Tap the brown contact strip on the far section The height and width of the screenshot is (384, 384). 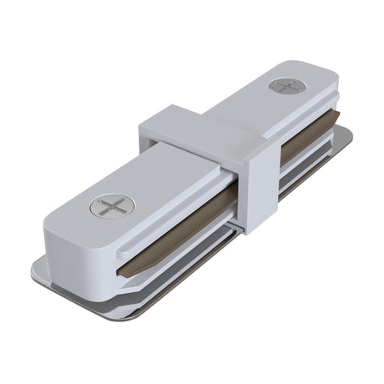305,147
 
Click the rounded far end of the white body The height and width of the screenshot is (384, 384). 330,83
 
